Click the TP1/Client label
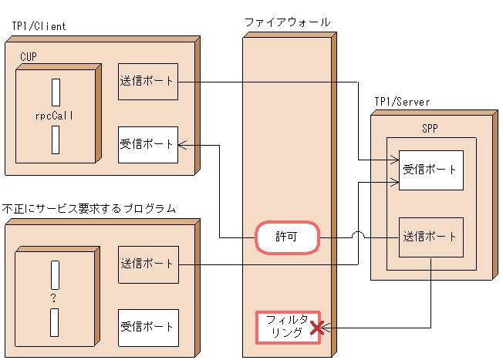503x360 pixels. coord(39,25)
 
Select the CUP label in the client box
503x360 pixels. coord(29,56)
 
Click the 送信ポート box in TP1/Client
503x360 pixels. coord(148,82)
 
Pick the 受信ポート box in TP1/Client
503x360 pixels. coord(148,144)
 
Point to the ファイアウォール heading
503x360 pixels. coord(287,22)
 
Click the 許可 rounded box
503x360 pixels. coord(287,238)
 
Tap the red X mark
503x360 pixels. coord(316,330)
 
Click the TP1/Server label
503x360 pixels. coord(402,102)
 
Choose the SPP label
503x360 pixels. coord(430,129)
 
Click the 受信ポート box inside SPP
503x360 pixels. coord(430,170)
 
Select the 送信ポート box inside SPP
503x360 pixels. coord(430,237)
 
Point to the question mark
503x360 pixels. coord(53,297)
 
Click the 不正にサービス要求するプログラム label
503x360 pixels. coord(89,209)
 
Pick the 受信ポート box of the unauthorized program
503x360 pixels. coord(148,328)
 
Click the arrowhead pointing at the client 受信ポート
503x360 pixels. coord(183,144)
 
